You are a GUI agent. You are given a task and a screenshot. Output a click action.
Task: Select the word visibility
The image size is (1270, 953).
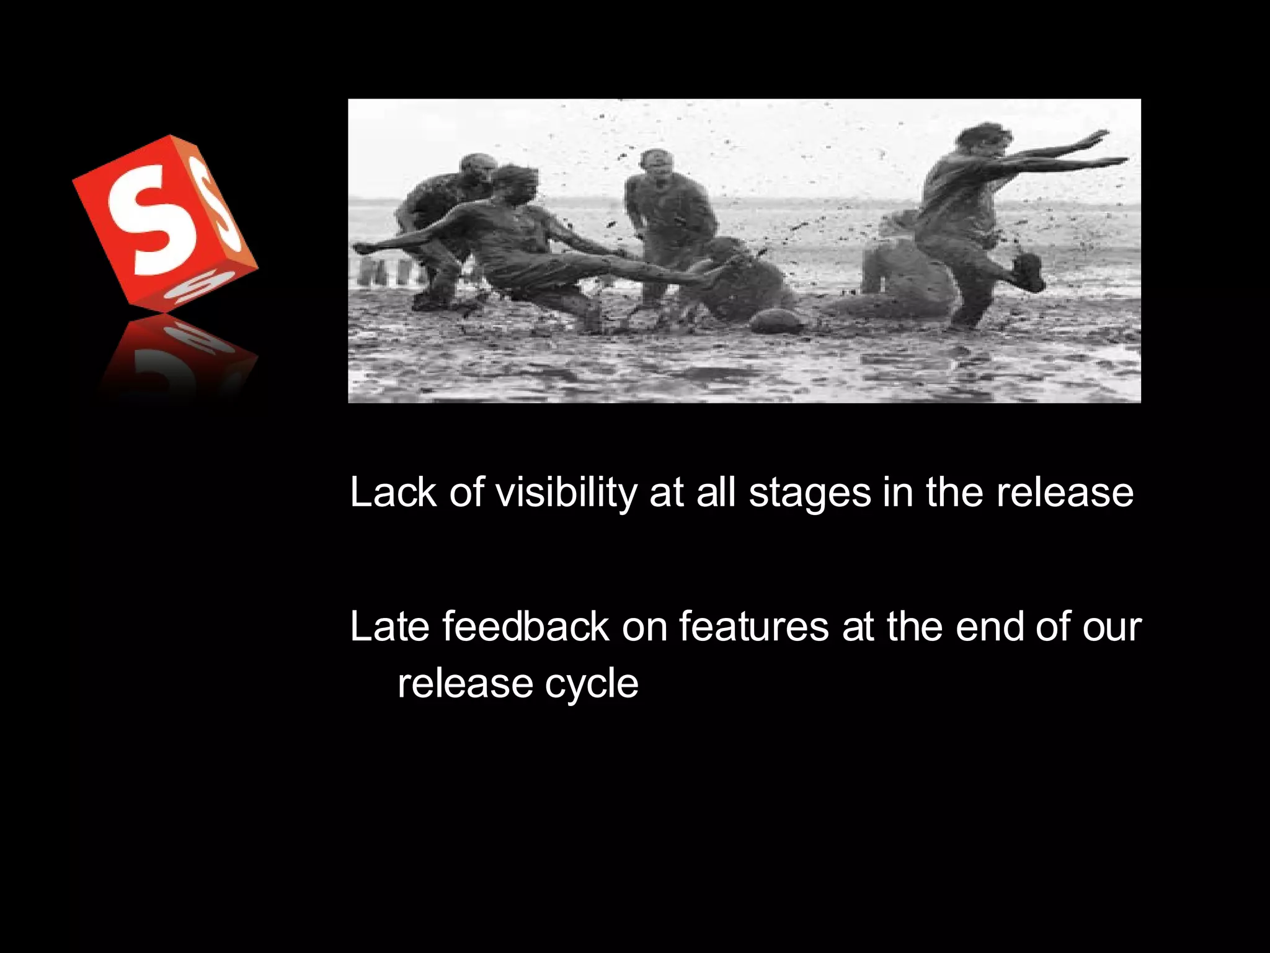click(566, 493)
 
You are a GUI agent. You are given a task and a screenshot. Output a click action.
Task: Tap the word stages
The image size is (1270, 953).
click(810, 494)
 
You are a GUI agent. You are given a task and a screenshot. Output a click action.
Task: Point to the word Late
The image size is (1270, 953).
click(389, 626)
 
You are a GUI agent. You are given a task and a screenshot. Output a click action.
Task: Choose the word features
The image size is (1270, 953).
click(753, 626)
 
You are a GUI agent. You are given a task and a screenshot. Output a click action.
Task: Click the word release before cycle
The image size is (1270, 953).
click(465, 684)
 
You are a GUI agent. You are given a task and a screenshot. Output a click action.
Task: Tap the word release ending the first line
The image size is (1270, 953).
click(1064, 493)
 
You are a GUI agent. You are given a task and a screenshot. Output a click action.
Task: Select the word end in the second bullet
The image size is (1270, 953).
click(990, 626)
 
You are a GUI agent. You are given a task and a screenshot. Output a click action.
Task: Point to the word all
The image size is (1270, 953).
click(716, 493)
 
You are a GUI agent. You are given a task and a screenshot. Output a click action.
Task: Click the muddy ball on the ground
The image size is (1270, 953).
click(776, 320)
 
